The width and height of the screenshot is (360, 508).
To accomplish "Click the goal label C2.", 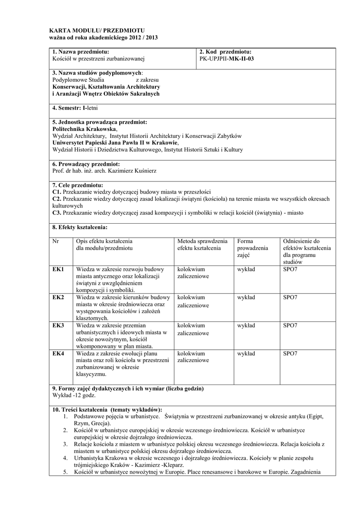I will coord(56,198).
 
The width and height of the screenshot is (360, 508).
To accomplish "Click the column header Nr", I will coord(56,241).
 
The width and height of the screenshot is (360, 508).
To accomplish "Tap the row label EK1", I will coord(58,269).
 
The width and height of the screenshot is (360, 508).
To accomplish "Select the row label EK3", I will coord(58,325).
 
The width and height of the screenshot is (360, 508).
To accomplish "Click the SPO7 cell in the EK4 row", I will coord(290,354).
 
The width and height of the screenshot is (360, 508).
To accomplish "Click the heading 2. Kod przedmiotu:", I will coord(225,52).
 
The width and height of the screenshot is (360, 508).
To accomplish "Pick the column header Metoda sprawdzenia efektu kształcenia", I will coord(202,244).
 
